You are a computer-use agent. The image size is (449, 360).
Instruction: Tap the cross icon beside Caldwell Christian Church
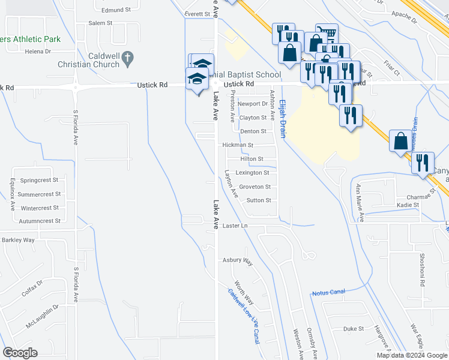click(x=127, y=58)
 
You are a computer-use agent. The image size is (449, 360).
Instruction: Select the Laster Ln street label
click(x=235, y=226)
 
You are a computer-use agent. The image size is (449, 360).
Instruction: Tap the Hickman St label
click(x=238, y=145)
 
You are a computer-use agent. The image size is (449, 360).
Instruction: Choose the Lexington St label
click(x=252, y=173)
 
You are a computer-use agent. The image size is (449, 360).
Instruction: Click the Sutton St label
click(x=259, y=200)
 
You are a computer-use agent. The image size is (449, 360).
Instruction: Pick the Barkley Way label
click(x=18, y=240)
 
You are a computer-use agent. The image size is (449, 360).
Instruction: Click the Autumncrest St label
click(x=38, y=221)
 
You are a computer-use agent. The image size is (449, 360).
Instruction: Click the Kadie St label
click(x=408, y=205)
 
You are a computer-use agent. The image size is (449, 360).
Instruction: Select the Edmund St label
click(x=116, y=10)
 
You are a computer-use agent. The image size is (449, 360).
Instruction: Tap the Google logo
click(x=20, y=353)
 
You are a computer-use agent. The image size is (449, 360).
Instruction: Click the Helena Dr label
click(x=38, y=52)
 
